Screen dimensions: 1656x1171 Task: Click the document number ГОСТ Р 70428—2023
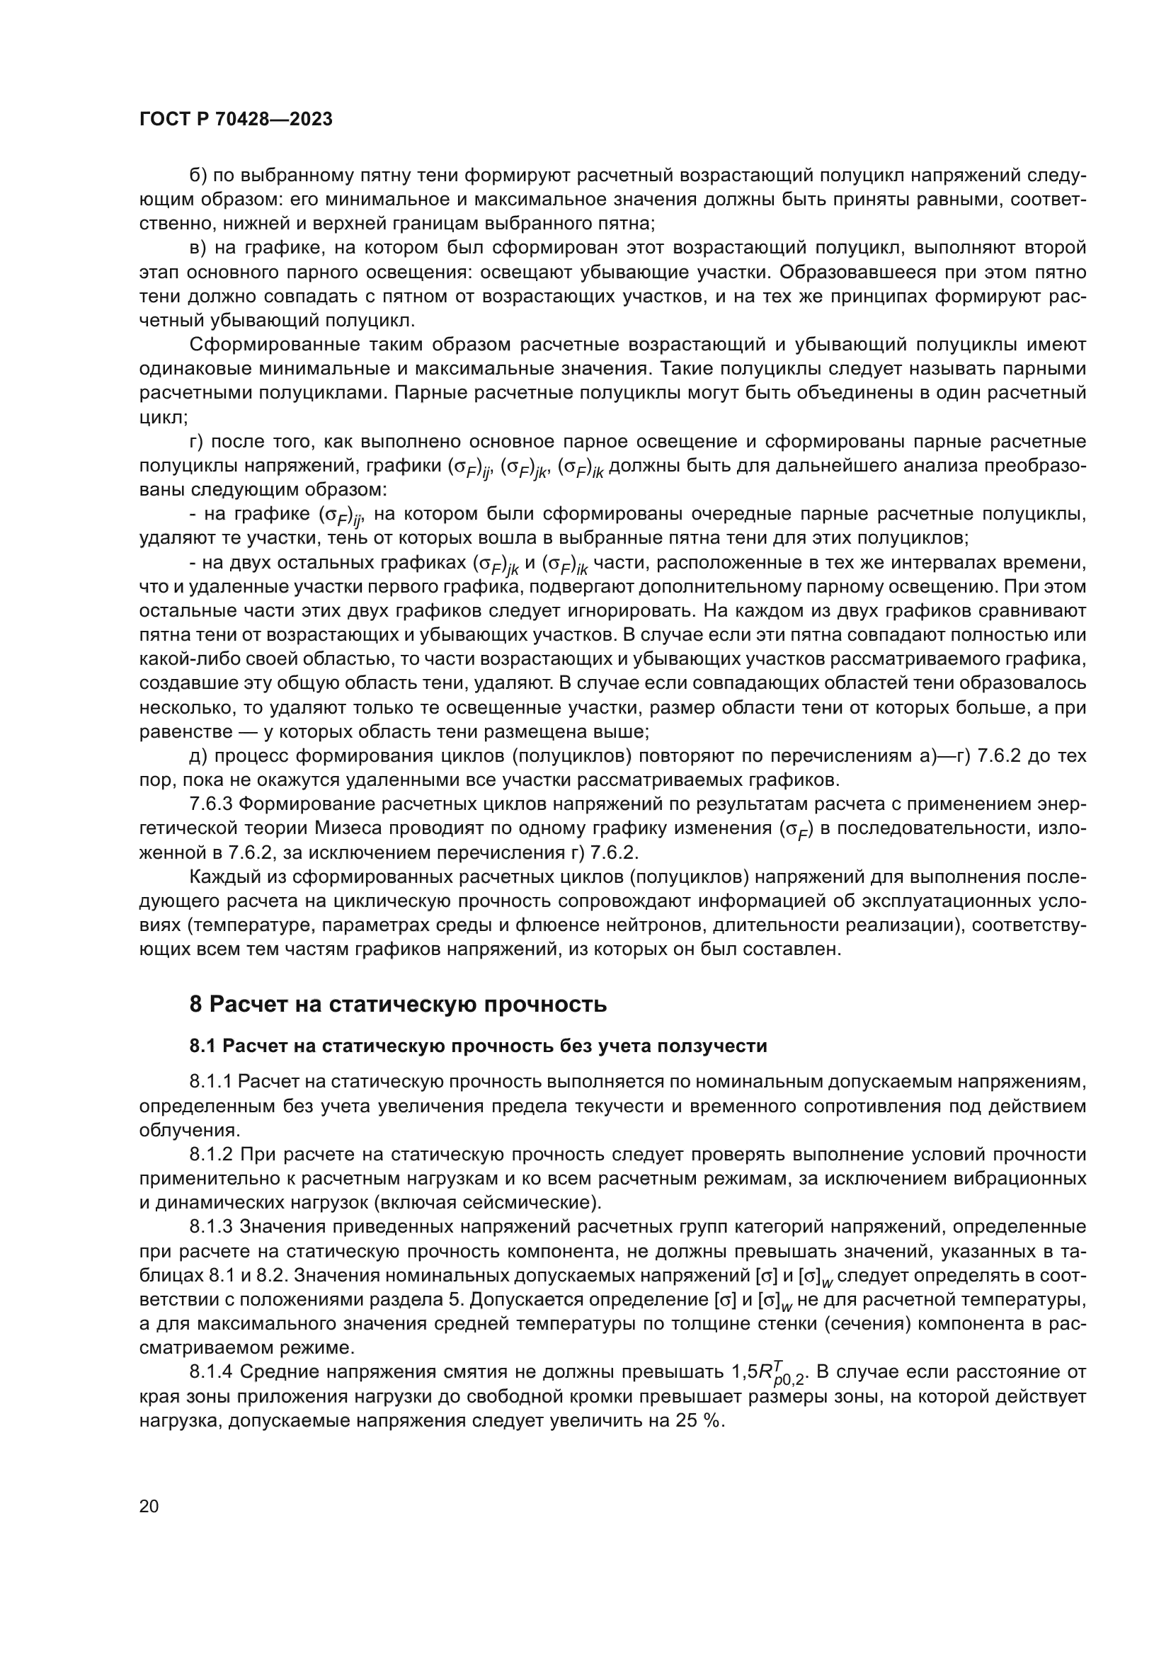(x=236, y=120)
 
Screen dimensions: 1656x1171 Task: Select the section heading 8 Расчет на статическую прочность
(x=397, y=1004)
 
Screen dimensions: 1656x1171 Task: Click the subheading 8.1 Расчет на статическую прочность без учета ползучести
(x=478, y=1046)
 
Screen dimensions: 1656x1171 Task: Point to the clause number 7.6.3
(x=211, y=804)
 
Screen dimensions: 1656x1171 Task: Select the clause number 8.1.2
(x=211, y=1155)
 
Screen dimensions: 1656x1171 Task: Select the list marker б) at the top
(x=198, y=176)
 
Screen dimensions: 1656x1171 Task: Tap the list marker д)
(x=198, y=756)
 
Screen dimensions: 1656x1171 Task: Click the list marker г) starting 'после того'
(x=198, y=441)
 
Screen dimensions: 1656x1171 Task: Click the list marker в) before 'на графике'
(x=198, y=248)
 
